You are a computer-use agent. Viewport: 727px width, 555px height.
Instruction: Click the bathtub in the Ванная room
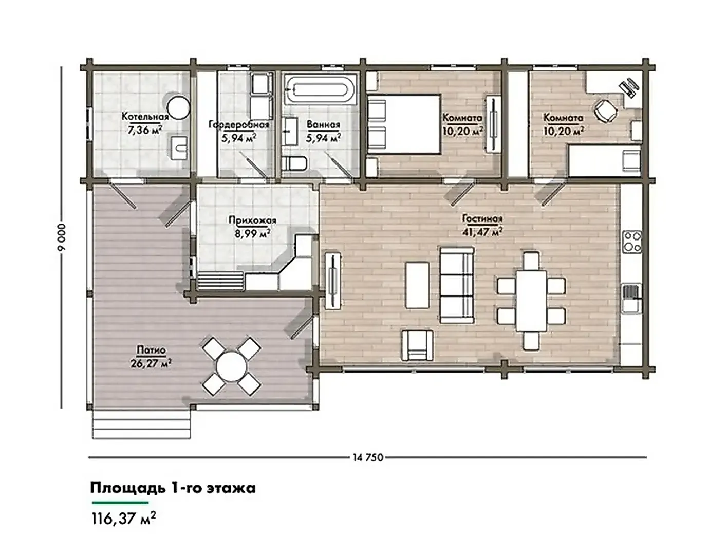(320, 89)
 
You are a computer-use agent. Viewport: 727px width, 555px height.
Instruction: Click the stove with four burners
(632, 242)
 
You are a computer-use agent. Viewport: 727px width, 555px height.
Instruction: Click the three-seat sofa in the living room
(456, 285)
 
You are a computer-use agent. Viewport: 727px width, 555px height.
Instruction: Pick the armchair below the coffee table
(417, 345)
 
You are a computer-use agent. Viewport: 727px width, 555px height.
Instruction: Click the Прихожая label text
(252, 220)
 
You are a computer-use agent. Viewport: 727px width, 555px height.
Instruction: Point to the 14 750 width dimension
(368, 458)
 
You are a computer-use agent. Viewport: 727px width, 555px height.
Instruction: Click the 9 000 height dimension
(62, 237)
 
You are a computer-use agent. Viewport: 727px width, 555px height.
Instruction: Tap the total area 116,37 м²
(123, 518)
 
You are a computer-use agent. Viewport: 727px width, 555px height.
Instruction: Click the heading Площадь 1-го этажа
(173, 488)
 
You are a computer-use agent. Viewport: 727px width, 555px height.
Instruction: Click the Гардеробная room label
(238, 125)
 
